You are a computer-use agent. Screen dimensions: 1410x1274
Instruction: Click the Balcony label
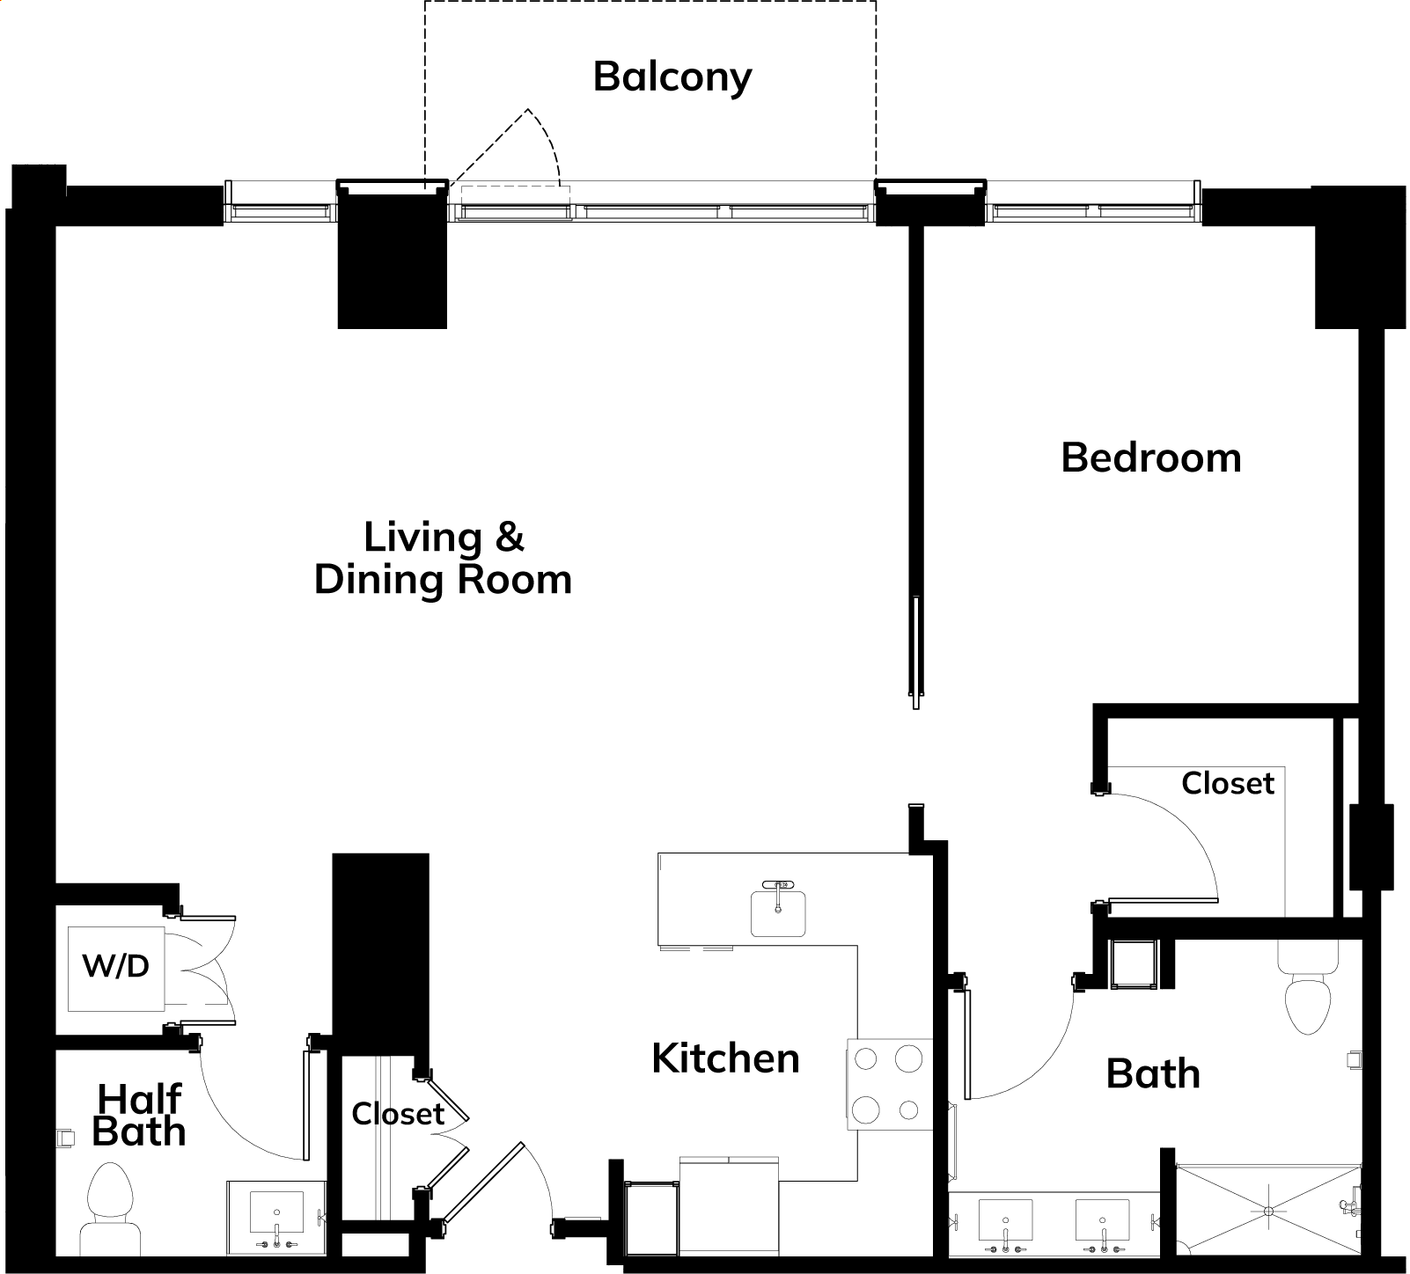pyautogui.click(x=672, y=77)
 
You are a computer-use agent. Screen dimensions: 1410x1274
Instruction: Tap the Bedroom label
pyautogui.click(x=1151, y=458)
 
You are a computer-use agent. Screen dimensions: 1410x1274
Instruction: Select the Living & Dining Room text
pyautogui.click(x=444, y=559)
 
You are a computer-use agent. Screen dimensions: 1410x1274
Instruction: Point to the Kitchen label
pyautogui.click(x=725, y=1058)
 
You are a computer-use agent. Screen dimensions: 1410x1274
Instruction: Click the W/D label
pyautogui.click(x=116, y=966)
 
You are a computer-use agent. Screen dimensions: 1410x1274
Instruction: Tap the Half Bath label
pyautogui.click(x=139, y=1116)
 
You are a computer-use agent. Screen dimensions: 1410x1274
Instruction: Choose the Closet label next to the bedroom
pyautogui.click(x=1228, y=783)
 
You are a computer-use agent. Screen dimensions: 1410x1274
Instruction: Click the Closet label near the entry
pyautogui.click(x=398, y=1114)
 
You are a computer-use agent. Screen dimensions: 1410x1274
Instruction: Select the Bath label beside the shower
pyautogui.click(x=1153, y=1074)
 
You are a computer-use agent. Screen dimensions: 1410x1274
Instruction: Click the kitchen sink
pyautogui.click(x=778, y=912)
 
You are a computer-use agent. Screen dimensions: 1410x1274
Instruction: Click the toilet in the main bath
pyautogui.click(x=1311, y=989)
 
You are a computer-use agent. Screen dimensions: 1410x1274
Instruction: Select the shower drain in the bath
pyautogui.click(x=1268, y=1212)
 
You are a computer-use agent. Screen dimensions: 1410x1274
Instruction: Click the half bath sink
pyautogui.click(x=276, y=1215)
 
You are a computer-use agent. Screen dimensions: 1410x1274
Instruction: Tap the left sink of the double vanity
pyautogui.click(x=1007, y=1224)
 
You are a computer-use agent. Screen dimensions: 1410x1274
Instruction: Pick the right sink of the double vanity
pyautogui.click(x=1103, y=1224)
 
